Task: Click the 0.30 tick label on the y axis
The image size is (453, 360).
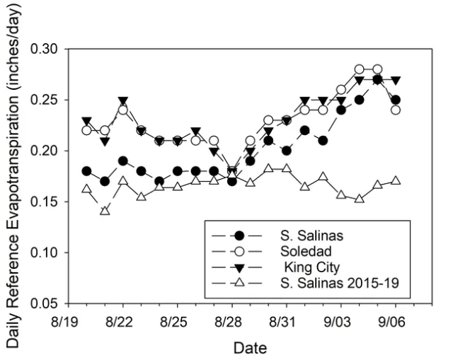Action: click(x=49, y=50)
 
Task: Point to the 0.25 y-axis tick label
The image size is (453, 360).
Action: click(x=49, y=100)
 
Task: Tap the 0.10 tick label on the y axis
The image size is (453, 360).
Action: click(x=49, y=252)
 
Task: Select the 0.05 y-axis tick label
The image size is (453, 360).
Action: click(x=49, y=303)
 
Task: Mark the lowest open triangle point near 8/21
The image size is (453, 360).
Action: click(x=105, y=211)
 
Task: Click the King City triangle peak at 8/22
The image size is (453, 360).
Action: click(x=123, y=101)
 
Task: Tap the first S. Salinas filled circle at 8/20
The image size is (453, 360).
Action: click(x=86, y=171)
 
